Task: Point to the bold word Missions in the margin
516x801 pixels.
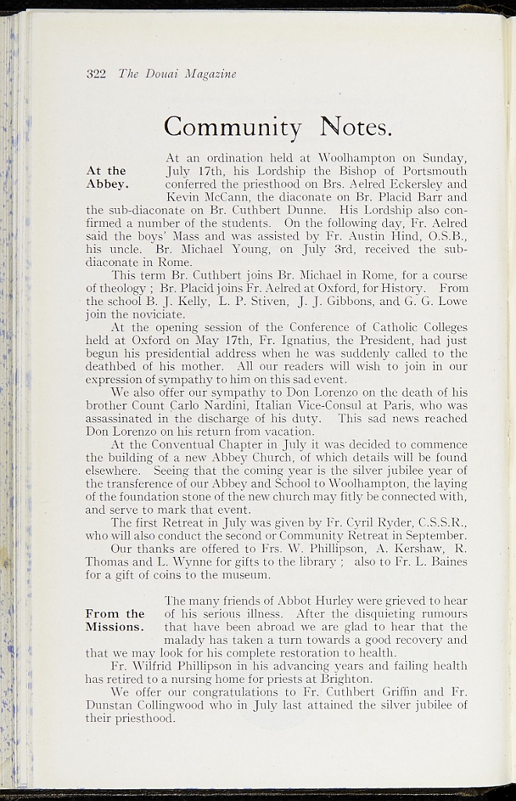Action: (114, 627)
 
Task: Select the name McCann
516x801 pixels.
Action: (228, 197)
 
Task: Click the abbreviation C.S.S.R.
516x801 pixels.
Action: (443, 523)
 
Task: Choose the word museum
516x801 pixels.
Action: (246, 575)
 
